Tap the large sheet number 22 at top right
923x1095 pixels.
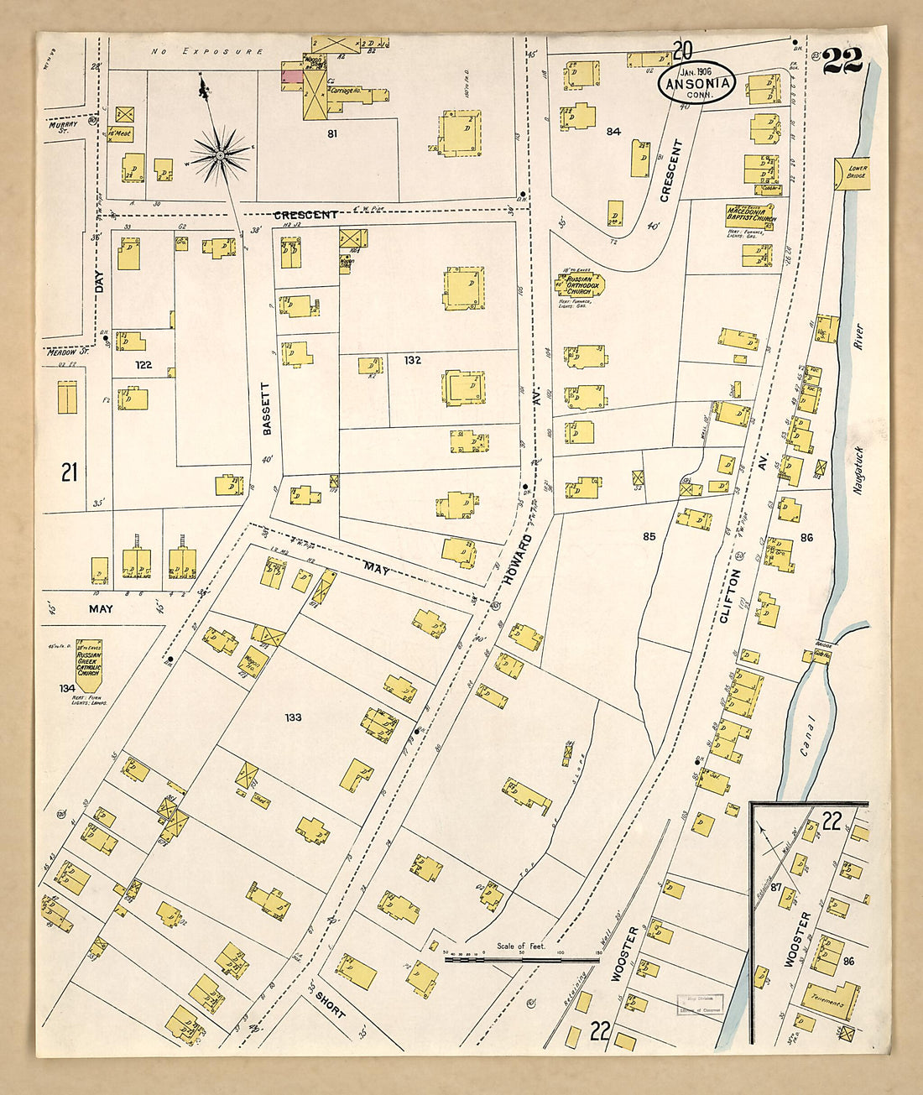(842, 60)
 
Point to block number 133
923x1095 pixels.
(293, 717)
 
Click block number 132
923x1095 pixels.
(412, 360)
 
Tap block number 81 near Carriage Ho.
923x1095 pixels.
(332, 133)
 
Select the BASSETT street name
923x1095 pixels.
(267, 409)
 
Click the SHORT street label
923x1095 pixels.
(330, 1004)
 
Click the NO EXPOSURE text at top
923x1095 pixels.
(207, 52)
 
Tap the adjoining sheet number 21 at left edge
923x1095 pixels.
(70, 472)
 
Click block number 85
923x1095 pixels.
(649, 536)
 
